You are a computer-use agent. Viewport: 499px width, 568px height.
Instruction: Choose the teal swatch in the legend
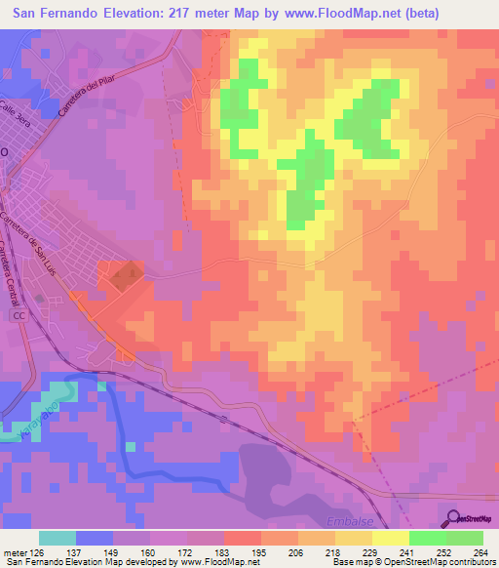point(58,538)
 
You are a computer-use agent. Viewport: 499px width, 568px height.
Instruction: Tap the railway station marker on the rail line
point(223,420)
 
